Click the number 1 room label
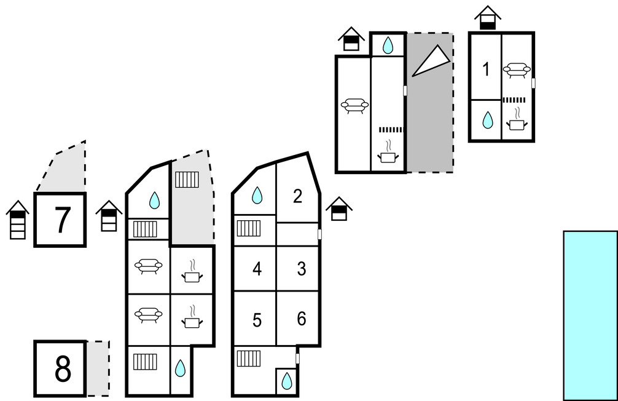(486, 70)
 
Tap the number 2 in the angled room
(298, 197)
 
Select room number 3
(302, 269)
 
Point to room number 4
(257, 269)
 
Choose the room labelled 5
(257, 320)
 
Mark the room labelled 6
(302, 319)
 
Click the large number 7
(60, 220)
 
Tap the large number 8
(62, 369)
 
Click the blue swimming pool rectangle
(590, 316)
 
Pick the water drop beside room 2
(257, 196)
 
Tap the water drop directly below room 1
(487, 120)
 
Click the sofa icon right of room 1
(517, 70)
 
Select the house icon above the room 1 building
(488, 17)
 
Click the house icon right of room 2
(338, 209)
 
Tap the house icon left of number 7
(18, 220)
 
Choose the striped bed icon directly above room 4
(249, 228)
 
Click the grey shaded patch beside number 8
(98, 368)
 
